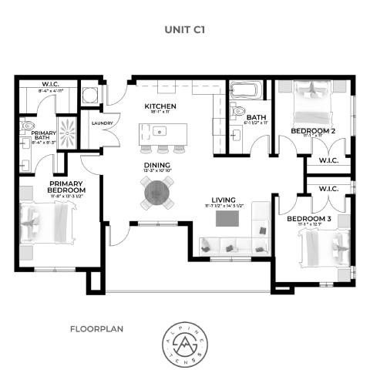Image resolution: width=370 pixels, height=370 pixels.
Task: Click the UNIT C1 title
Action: tap(184, 31)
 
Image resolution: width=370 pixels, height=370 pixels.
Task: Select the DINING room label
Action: tap(156, 163)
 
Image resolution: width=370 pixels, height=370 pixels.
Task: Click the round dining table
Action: tap(156, 190)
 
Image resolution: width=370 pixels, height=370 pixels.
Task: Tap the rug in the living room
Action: tap(229, 220)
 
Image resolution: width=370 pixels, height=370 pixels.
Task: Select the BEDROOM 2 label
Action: tap(312, 132)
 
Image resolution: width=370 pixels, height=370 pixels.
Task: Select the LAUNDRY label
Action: tap(103, 123)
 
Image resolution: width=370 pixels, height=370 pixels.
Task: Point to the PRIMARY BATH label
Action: tap(43, 136)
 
